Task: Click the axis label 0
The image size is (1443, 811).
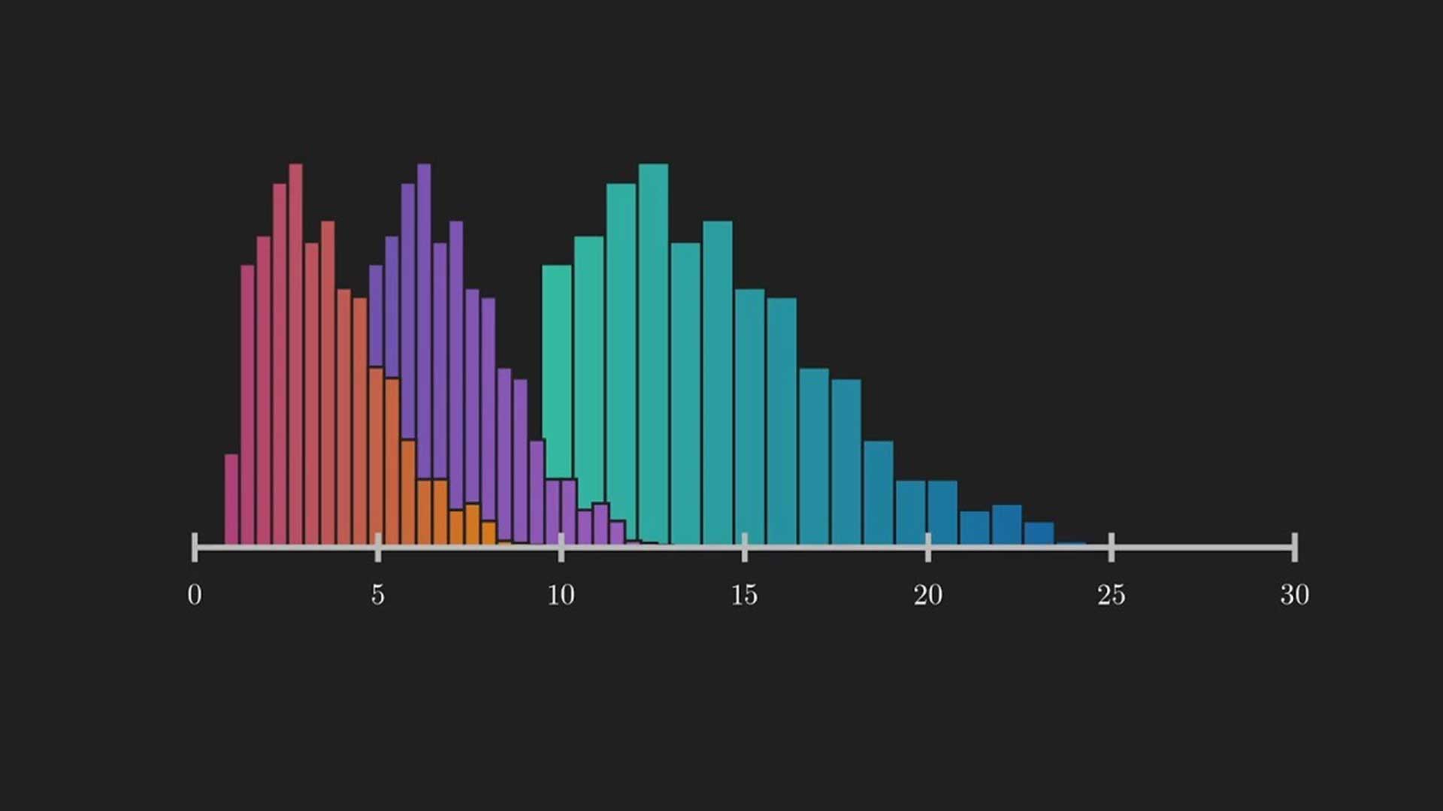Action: [195, 595]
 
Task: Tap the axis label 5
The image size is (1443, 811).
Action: [377, 595]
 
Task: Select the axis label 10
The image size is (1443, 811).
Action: [561, 595]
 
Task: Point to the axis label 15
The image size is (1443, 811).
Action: [744, 595]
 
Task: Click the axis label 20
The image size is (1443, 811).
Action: [927, 595]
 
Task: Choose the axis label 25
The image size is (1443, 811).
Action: [1111, 595]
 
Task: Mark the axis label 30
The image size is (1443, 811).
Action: [1294, 595]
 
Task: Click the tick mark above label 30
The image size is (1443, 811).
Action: [1294, 547]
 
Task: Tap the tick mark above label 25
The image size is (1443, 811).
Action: [1111, 547]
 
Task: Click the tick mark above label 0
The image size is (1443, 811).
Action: [195, 547]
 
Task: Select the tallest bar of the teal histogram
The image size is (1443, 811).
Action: [653, 353]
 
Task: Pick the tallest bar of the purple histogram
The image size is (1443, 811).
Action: [424, 315]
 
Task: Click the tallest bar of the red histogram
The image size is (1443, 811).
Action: [295, 353]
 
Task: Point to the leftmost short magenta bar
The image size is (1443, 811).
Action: [231, 499]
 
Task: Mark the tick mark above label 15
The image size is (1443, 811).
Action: [744, 547]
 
